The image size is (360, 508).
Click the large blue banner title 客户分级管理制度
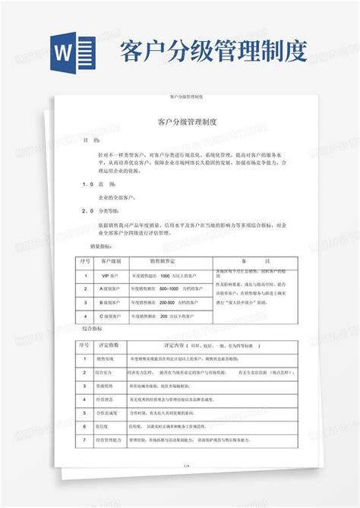coord(213,52)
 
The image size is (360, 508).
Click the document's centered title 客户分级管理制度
coord(188,121)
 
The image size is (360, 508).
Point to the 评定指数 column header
coord(112,344)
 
